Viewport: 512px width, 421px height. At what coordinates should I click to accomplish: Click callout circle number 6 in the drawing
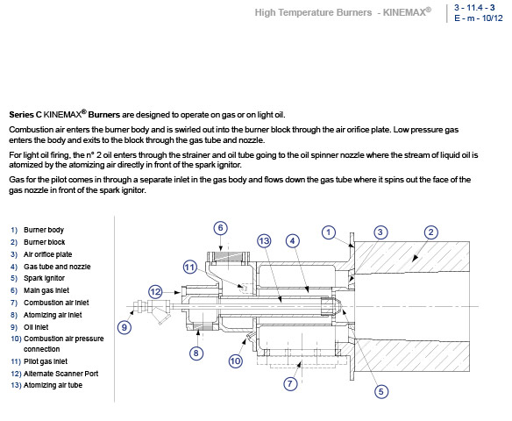pyautogui.click(x=220, y=228)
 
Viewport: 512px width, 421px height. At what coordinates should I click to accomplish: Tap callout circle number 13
pyautogui.click(x=264, y=241)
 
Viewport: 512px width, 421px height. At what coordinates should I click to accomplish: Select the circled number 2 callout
pyautogui.click(x=430, y=232)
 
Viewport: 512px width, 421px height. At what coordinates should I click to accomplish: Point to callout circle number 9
pyautogui.click(x=124, y=327)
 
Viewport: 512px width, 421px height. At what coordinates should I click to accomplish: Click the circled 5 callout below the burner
pyautogui.click(x=381, y=391)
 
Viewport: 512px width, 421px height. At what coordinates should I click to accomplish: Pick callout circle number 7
pyautogui.click(x=290, y=383)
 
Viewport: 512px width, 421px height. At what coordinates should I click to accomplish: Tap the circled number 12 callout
pyautogui.click(x=155, y=292)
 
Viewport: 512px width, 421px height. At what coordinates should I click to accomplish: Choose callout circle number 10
pyautogui.click(x=235, y=360)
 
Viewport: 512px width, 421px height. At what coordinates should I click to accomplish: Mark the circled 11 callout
pyautogui.click(x=190, y=268)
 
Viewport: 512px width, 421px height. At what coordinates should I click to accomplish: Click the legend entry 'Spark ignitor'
pyautogui.click(x=44, y=278)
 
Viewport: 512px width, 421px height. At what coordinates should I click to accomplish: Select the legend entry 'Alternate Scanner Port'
pyautogui.click(x=60, y=374)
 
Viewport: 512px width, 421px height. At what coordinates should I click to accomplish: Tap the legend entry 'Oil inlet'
pyautogui.click(x=36, y=327)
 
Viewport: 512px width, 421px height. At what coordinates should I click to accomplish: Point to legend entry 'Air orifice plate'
pyautogui.click(x=47, y=254)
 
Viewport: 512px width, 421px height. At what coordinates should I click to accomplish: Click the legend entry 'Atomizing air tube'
pyautogui.click(x=53, y=385)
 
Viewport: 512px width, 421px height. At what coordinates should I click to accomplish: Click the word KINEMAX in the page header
pyautogui.click(x=404, y=12)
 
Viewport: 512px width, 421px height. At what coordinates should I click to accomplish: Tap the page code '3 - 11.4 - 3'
pyautogui.click(x=474, y=8)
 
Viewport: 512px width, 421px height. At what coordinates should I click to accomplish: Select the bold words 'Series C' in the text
pyautogui.click(x=25, y=115)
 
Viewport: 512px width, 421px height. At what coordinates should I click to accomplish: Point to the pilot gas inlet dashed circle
pyautogui.click(x=243, y=288)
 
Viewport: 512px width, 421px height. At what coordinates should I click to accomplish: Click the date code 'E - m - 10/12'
pyautogui.click(x=479, y=18)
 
